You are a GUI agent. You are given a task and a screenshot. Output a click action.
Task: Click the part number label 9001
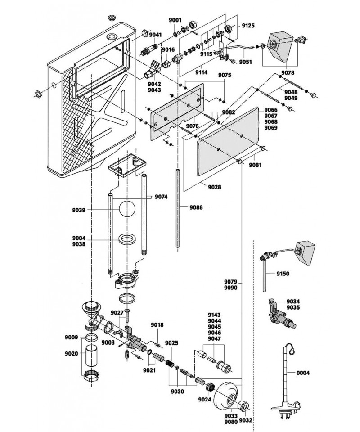coord(175,20)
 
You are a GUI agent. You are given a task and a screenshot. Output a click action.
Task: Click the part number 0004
coord(303,373)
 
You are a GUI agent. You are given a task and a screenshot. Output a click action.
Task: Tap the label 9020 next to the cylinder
coord(72,354)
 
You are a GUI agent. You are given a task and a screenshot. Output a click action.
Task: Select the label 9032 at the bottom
coord(246,421)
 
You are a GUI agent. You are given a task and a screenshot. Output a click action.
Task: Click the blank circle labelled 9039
coord(127,210)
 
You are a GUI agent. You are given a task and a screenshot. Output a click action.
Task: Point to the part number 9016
coord(169,49)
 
